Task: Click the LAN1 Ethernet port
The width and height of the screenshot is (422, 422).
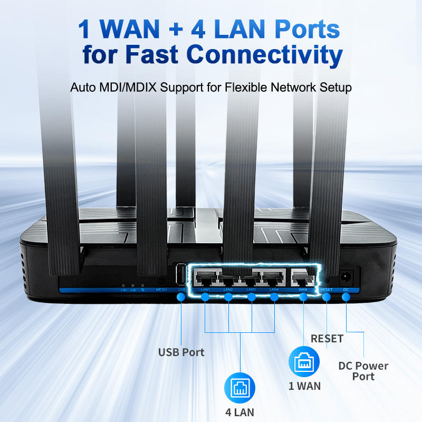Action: coord(206,276)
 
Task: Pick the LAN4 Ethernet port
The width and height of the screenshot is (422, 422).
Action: coord(274,276)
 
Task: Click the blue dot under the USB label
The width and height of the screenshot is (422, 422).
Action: coord(181,298)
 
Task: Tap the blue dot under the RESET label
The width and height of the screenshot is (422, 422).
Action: coord(327,298)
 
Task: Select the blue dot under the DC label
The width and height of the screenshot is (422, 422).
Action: coord(346,298)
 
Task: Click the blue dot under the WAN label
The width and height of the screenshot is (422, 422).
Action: coord(303,298)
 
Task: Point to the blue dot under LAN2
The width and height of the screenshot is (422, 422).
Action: coord(228,298)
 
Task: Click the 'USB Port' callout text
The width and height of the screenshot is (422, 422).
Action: coord(181,352)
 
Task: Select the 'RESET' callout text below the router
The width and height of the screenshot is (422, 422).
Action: coord(327,338)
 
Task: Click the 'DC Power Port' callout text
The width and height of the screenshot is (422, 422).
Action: coord(363,371)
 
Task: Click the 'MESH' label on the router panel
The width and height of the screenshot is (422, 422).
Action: coord(162,290)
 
